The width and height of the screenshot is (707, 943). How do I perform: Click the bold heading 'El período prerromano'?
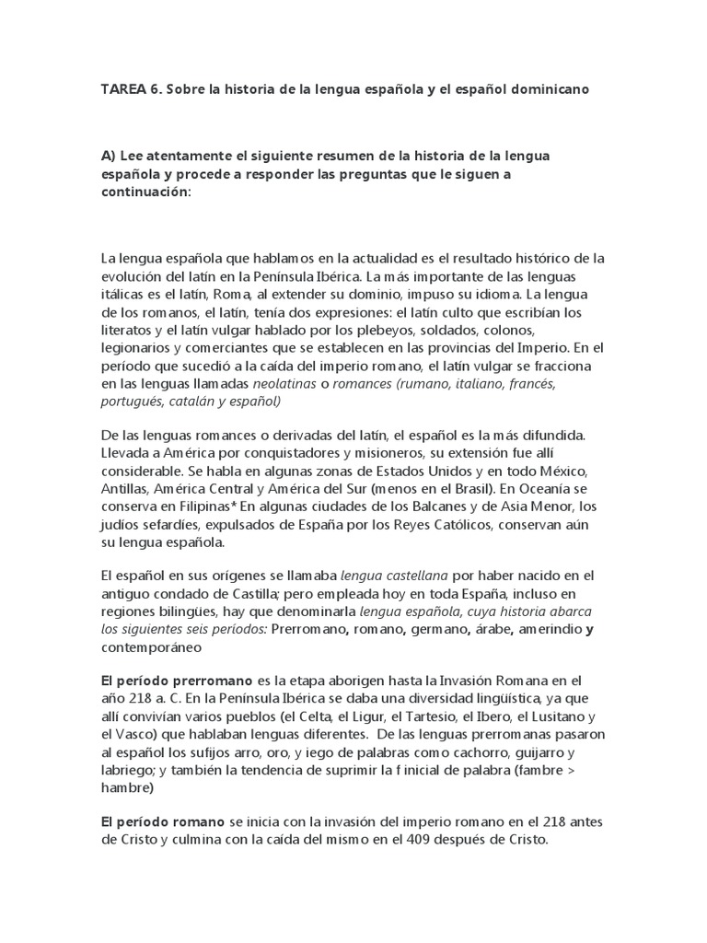177,680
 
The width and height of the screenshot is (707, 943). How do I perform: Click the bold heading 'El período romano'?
162,821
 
